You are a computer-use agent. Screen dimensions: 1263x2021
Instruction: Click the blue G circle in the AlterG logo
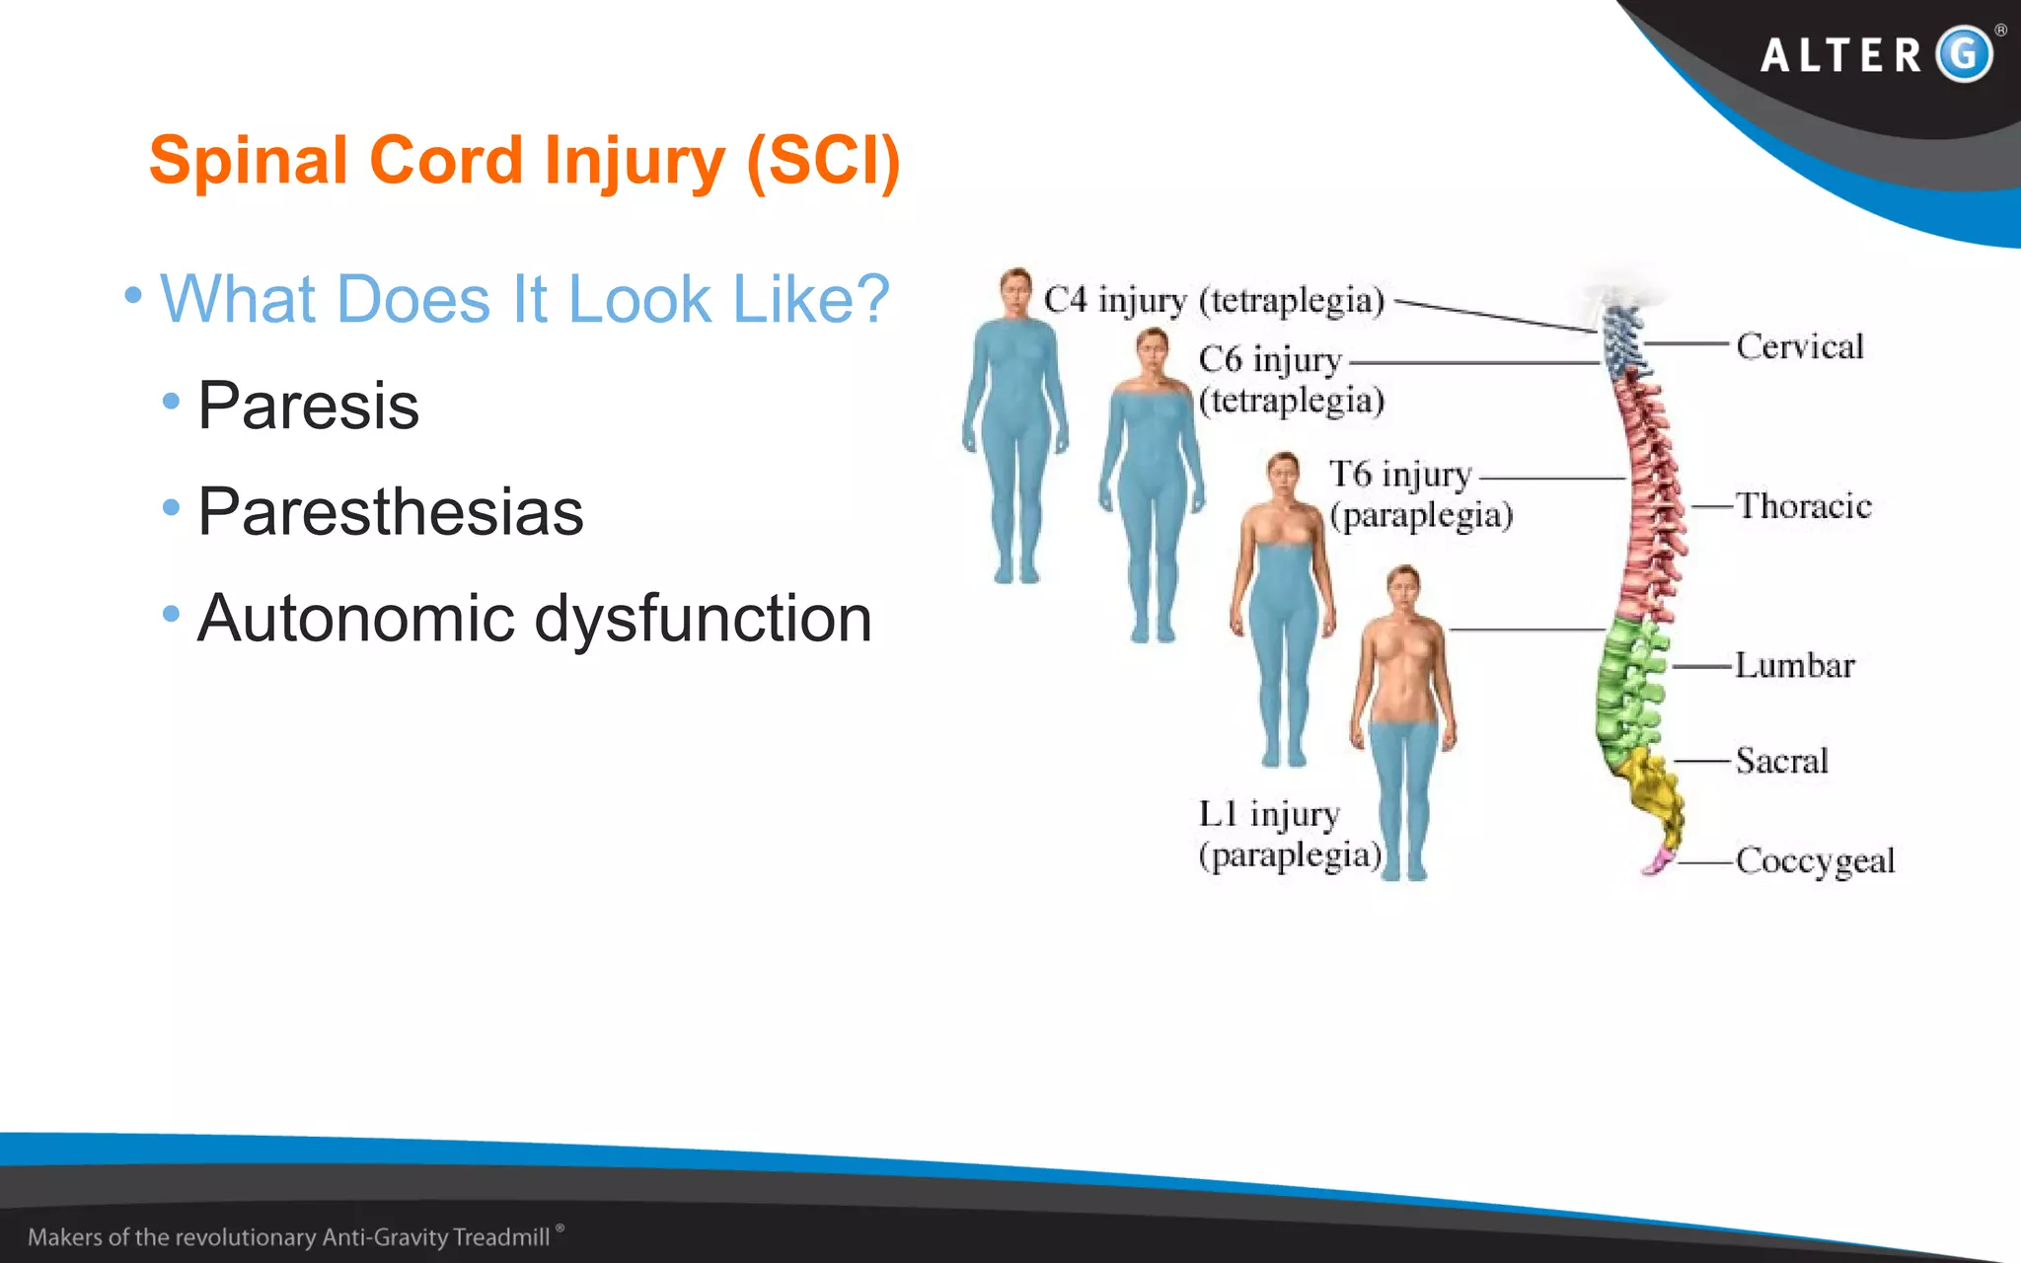(1964, 54)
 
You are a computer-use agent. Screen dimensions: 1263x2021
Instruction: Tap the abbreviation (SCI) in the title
(823, 160)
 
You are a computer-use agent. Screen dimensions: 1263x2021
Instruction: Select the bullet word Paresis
(308, 406)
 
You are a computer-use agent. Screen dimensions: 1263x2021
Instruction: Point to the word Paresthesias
(390, 512)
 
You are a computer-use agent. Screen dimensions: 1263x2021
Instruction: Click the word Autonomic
(355, 619)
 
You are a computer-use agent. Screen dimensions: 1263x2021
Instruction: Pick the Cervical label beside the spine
(1799, 346)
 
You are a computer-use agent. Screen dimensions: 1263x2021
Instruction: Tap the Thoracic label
(1803, 506)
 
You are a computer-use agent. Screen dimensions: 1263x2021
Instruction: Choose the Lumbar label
(1794, 665)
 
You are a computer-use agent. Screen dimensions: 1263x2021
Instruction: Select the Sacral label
(1781, 761)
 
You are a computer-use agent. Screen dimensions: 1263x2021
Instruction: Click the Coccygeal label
(1815, 860)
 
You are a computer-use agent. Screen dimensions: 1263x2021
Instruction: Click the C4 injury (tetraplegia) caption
(1214, 300)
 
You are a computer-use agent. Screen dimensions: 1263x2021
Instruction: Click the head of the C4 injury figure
(1014, 287)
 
